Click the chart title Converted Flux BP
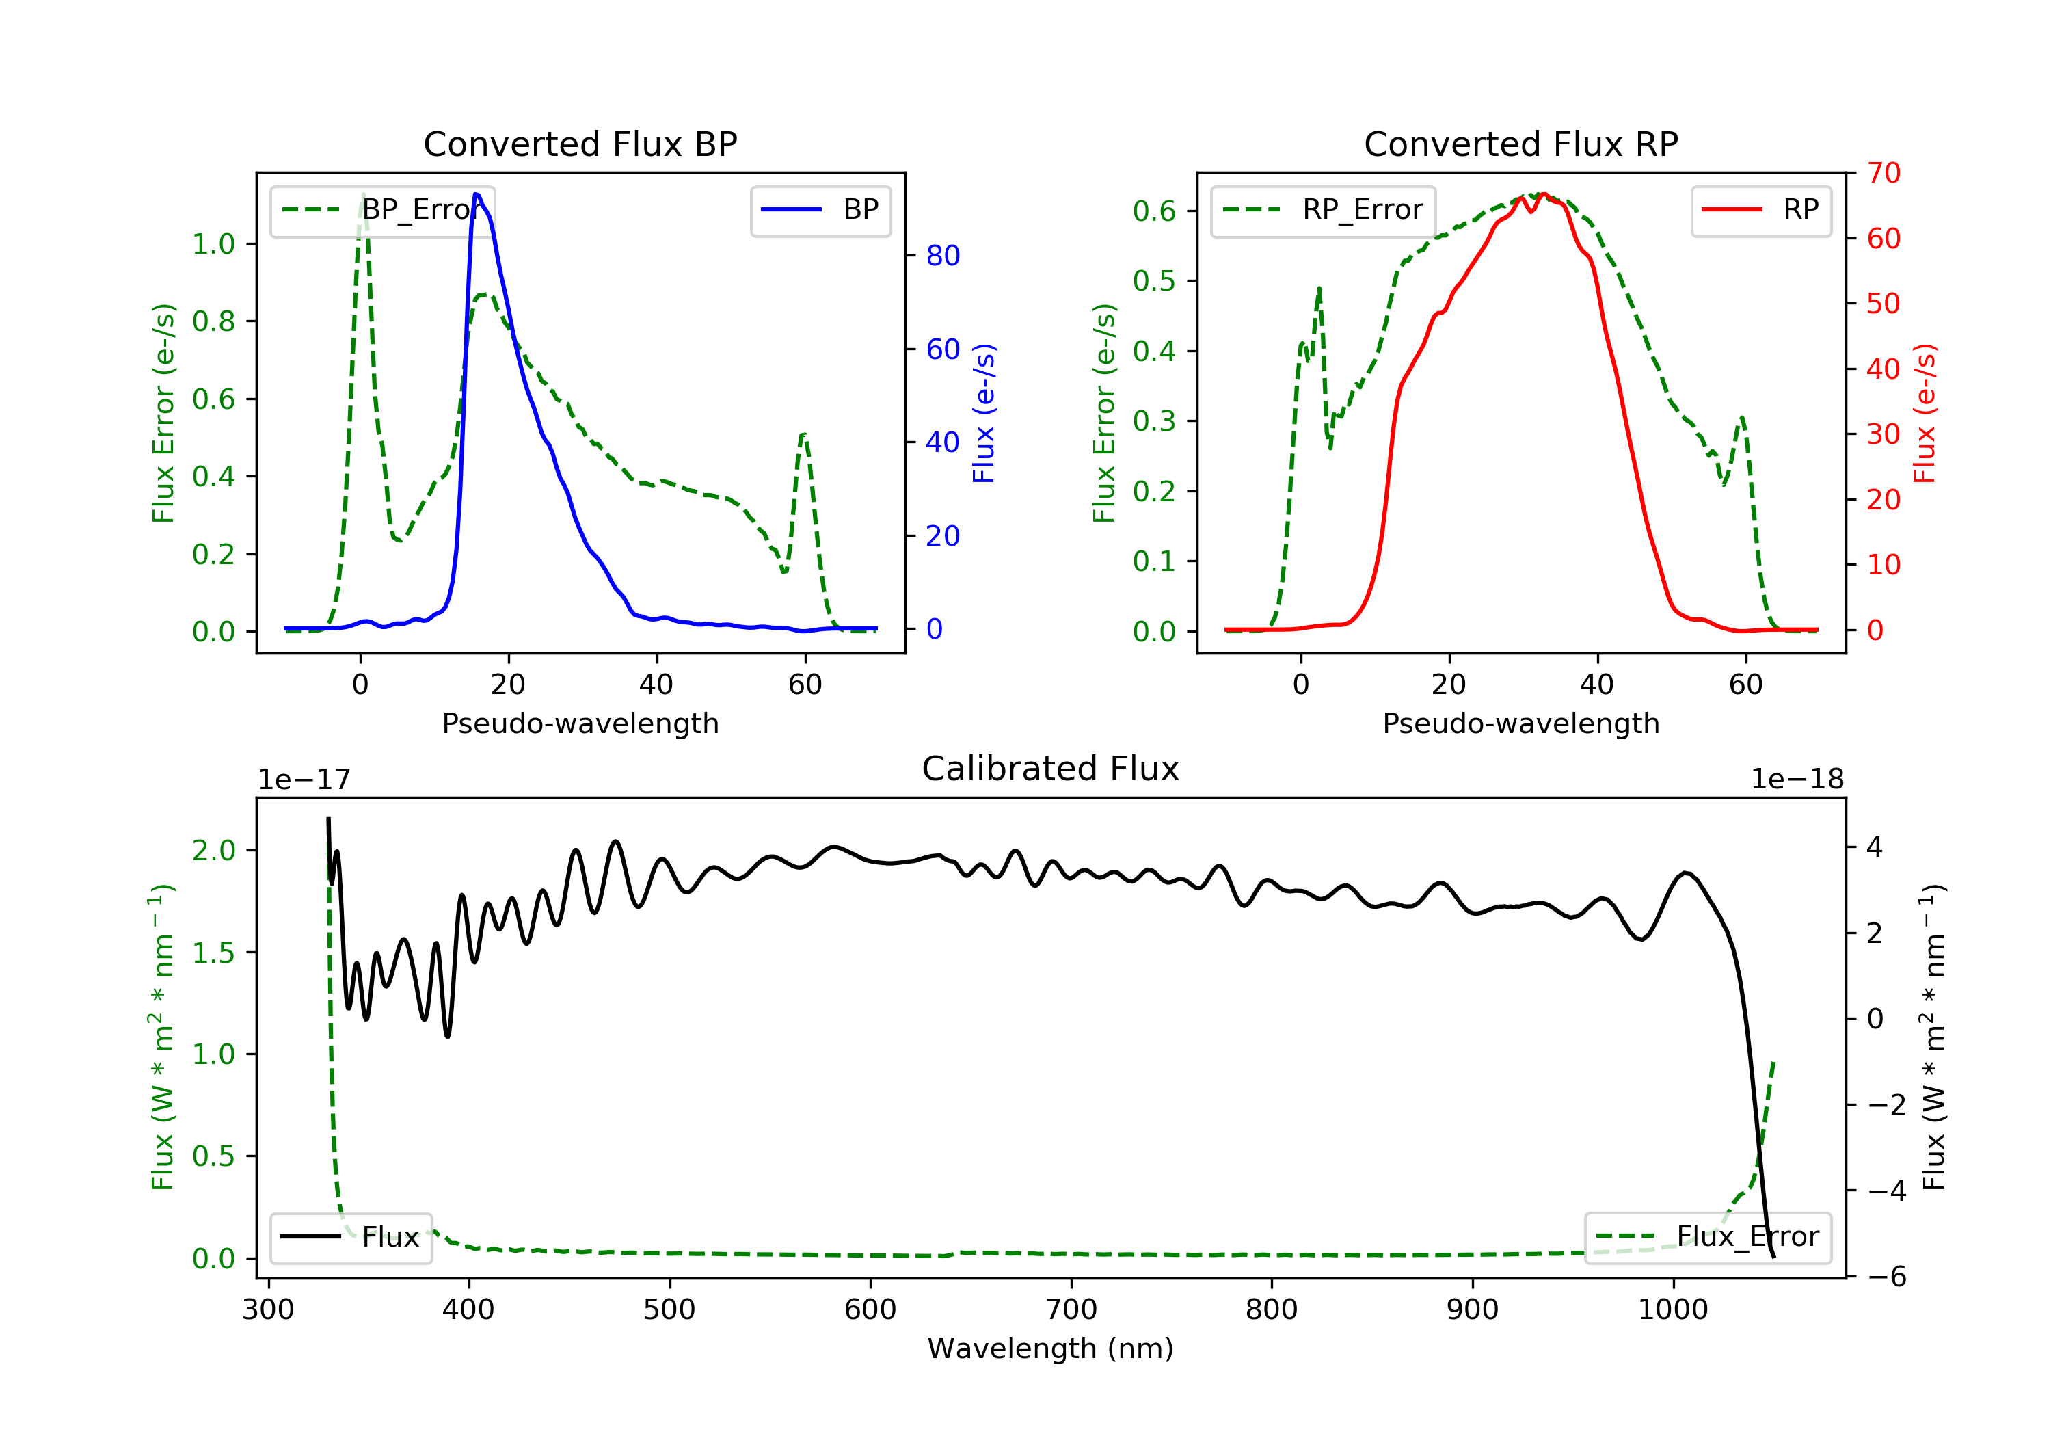point(580,144)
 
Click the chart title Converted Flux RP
point(1520,144)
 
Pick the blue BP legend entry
point(820,210)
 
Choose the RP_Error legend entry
point(1322,210)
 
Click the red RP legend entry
point(1760,210)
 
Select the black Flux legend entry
point(350,1237)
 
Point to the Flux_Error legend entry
point(1707,1237)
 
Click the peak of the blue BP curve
point(476,194)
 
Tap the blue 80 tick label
point(942,256)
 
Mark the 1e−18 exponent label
point(1797,780)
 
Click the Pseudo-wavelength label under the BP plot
point(580,723)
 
